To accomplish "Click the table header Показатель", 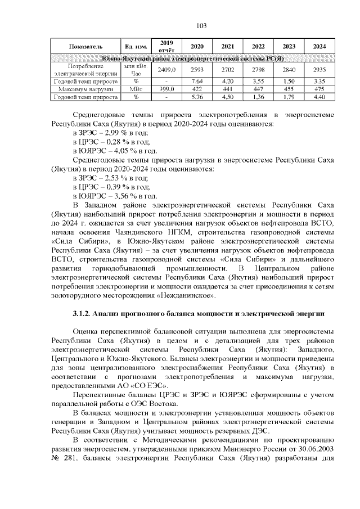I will [x=85, y=46].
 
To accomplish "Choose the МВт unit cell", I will [x=136, y=89].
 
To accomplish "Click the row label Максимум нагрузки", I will [x=85, y=89].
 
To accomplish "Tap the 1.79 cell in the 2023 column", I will [x=289, y=97].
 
